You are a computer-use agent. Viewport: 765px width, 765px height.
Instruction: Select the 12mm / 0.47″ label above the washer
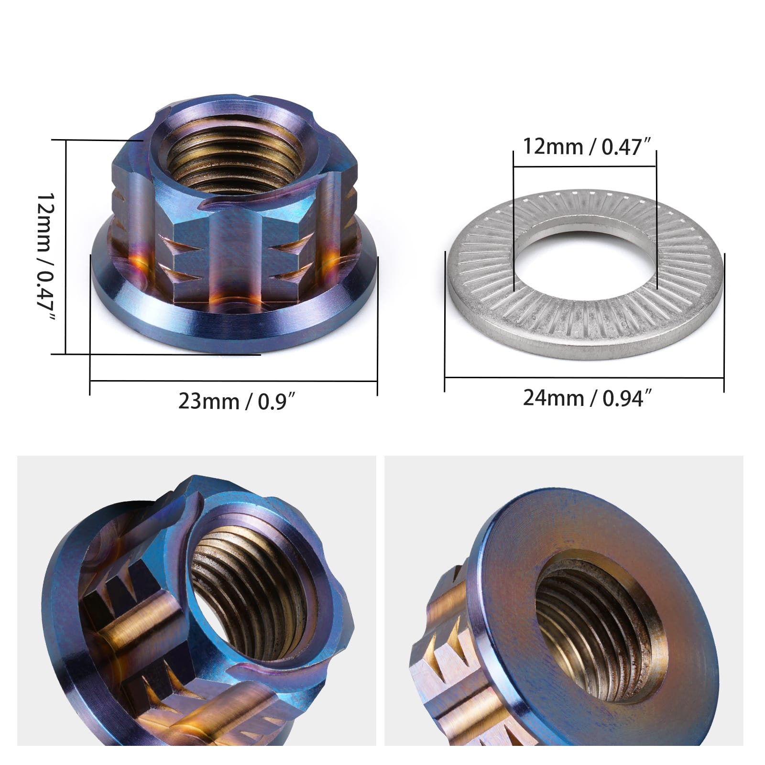588,146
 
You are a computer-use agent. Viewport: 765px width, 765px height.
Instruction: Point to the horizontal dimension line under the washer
584,378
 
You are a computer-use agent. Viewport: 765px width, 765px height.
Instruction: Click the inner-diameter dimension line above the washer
584,167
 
